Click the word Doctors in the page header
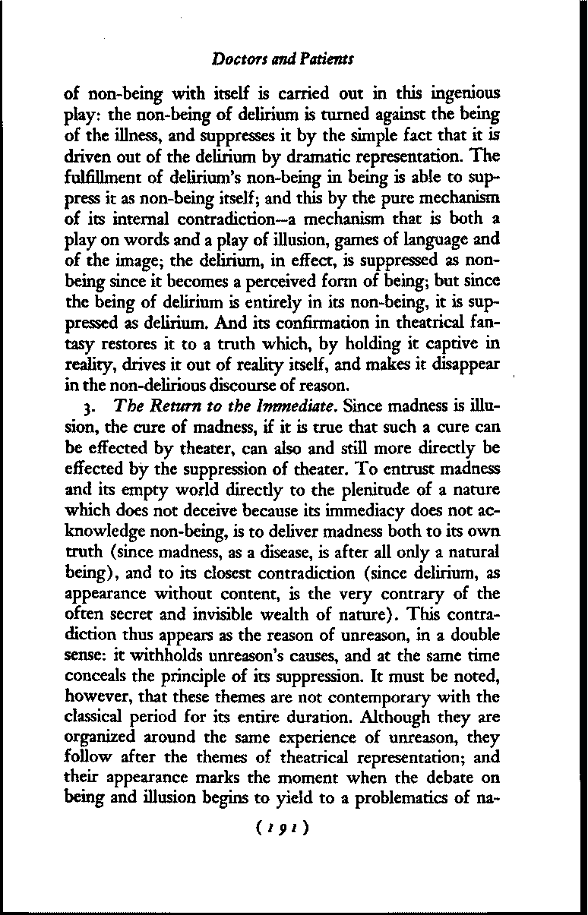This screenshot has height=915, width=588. click(x=235, y=58)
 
